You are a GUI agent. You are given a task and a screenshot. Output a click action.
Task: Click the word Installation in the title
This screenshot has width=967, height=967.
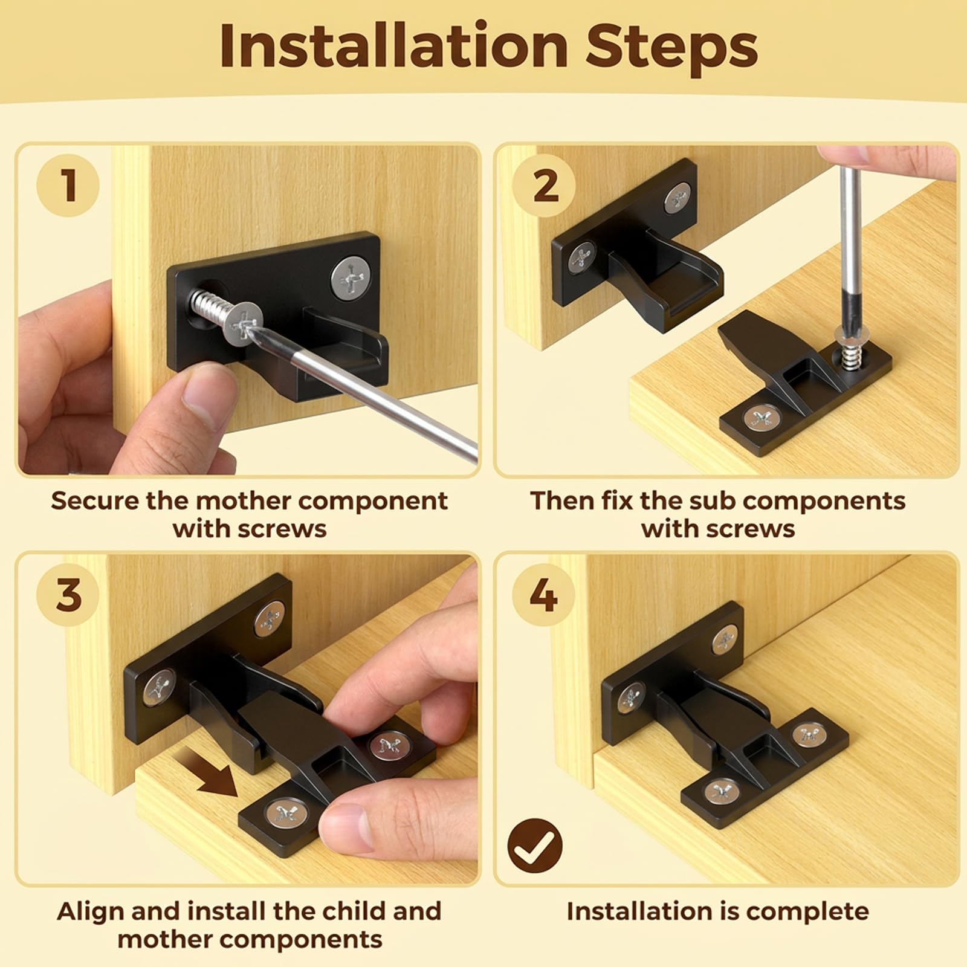(393, 46)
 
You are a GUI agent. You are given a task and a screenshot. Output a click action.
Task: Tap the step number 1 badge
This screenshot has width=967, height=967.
(68, 184)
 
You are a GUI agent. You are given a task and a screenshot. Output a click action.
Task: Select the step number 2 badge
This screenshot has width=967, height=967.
(544, 186)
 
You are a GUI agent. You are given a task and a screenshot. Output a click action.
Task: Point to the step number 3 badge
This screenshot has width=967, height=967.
(68, 594)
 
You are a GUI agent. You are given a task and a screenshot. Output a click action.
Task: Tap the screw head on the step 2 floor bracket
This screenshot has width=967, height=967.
(761, 417)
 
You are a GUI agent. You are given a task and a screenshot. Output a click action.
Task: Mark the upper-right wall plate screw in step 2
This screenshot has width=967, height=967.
(678, 199)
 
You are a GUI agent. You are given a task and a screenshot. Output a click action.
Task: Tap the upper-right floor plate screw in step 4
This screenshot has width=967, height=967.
(810, 734)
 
